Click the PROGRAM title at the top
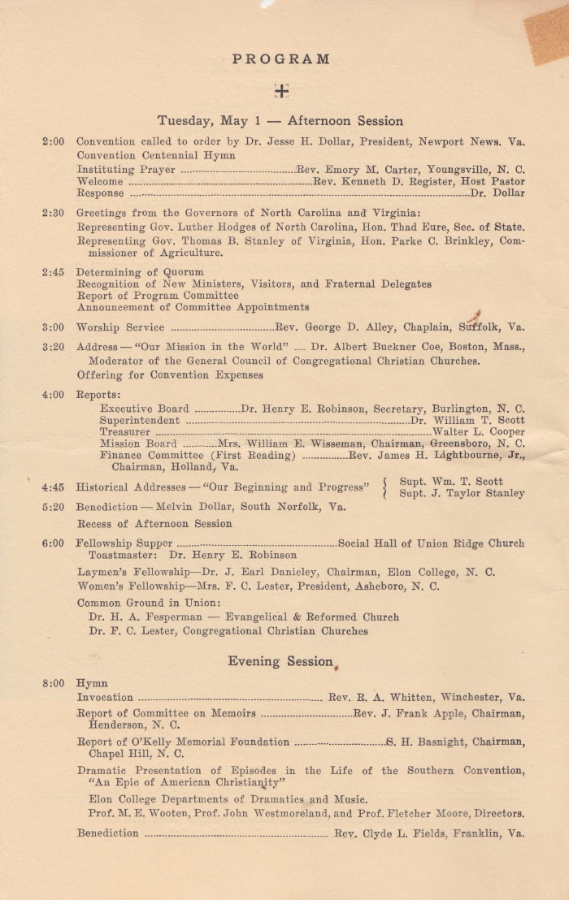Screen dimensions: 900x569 (x=281, y=59)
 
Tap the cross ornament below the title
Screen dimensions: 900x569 (x=281, y=91)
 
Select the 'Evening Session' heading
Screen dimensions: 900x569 (x=280, y=661)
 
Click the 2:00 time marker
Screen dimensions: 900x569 (x=53, y=141)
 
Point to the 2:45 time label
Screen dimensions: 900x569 (x=53, y=272)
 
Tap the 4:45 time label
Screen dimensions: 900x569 (x=53, y=487)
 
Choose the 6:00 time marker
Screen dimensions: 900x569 (x=53, y=543)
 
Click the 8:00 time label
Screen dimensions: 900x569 (x=53, y=683)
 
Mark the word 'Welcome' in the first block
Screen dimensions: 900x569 (x=100, y=182)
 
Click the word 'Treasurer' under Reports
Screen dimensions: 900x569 (x=125, y=432)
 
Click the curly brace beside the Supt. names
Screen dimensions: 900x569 (x=384, y=487)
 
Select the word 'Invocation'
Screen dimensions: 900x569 (x=105, y=697)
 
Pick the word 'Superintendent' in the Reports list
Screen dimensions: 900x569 (x=140, y=421)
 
